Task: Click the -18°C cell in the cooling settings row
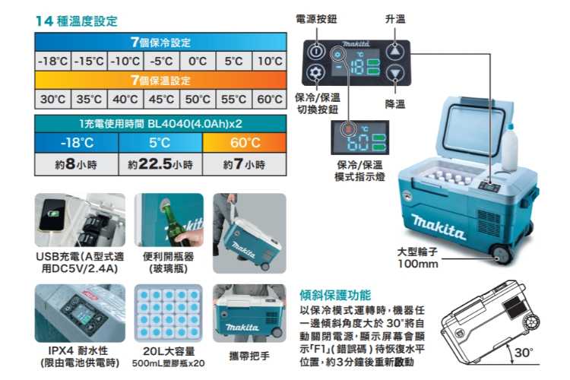pos(53,61)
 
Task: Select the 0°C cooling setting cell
pos(198,61)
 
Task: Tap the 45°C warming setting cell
pos(161,99)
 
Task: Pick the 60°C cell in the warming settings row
pos(269,99)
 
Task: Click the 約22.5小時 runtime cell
pos(160,164)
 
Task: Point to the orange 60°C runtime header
pos(245,143)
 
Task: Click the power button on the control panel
pos(315,52)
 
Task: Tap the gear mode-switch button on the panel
pos(315,73)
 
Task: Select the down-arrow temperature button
pos(394,73)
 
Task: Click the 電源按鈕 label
pos(316,19)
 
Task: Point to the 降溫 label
pos(395,104)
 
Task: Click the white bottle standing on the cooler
pos(510,147)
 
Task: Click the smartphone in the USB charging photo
pos(52,215)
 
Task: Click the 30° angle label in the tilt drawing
pos(524,353)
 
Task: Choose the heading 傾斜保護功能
pos(335,295)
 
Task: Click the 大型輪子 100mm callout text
pos(418,258)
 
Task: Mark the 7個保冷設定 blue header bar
pos(160,42)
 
